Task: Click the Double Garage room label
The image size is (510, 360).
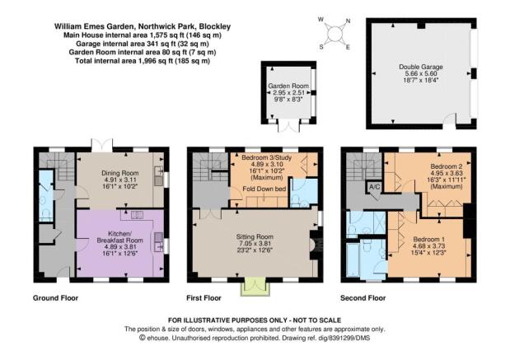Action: pos(421,67)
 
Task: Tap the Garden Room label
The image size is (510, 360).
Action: pos(288,86)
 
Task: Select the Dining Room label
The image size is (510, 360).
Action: pos(120,173)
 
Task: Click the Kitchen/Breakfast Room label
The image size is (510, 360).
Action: pos(119,237)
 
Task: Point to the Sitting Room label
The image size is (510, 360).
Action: pos(255,236)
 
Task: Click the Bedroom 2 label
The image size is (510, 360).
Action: pos(447,166)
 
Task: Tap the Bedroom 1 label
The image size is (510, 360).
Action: pos(429,239)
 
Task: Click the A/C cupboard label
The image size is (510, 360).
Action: pos(374,187)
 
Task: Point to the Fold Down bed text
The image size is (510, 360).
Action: pos(264,189)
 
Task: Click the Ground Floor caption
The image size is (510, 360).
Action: pos(56,298)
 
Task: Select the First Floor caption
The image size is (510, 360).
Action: pos(204,298)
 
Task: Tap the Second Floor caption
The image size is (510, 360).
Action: pos(363,298)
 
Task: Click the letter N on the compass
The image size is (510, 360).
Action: pos(348,21)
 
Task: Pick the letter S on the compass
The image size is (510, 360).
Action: pos(321,47)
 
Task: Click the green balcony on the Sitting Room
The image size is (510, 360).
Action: pos(255,287)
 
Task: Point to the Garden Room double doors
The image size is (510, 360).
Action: pos(288,126)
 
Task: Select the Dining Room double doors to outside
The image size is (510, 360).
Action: pos(102,145)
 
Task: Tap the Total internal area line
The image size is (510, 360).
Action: pos(143,61)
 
